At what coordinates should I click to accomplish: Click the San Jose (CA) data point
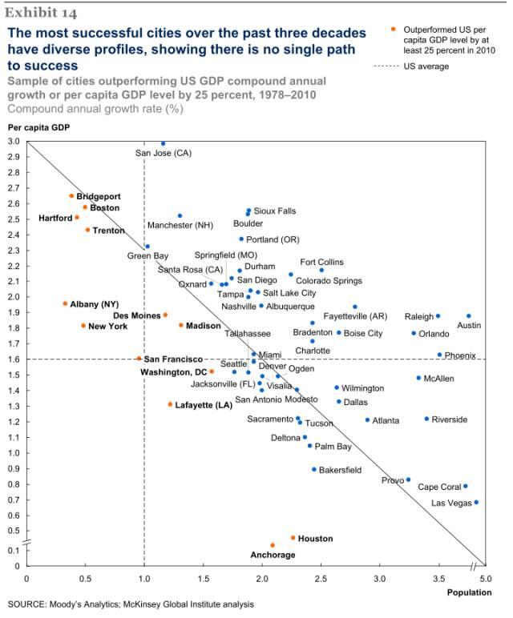[x=163, y=144]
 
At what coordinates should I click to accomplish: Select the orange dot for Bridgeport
[x=71, y=196]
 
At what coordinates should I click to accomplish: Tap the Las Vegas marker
[x=476, y=503]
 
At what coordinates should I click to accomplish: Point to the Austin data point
[x=469, y=316]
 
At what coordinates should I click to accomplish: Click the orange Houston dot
[x=293, y=538]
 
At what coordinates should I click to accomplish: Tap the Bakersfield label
[x=340, y=470]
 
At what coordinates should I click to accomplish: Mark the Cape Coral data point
[x=465, y=486]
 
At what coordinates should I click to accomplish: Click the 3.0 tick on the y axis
[x=14, y=142]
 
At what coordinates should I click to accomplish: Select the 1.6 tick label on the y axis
[x=14, y=359]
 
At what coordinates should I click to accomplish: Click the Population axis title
[x=470, y=592]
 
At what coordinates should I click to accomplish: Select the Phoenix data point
[x=439, y=355]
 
